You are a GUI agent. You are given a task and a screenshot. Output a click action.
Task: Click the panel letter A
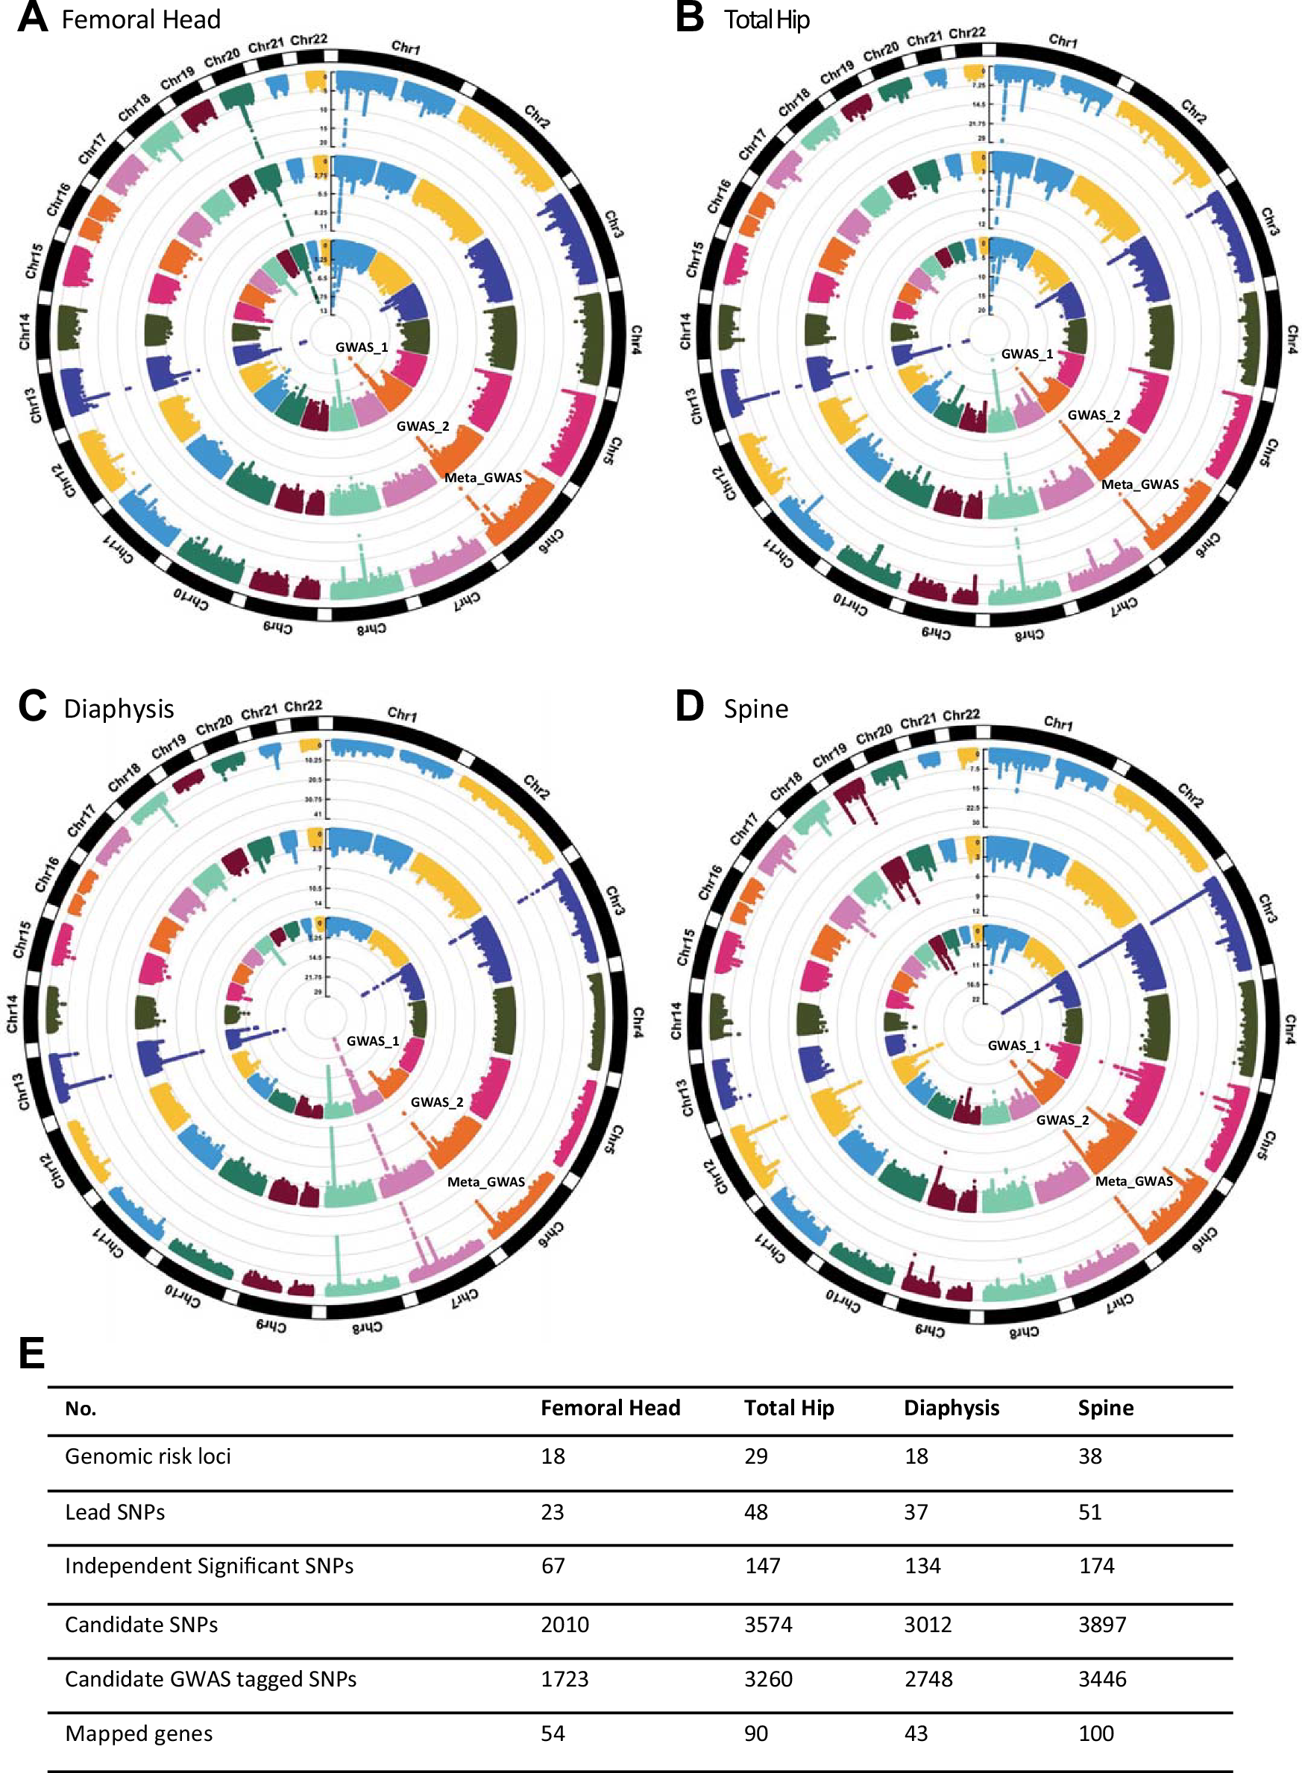(32, 19)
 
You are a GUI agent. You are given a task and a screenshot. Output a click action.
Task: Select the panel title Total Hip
(766, 19)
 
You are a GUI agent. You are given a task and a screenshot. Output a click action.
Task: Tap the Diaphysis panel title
(119, 708)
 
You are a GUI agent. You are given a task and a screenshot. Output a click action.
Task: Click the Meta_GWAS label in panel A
(482, 477)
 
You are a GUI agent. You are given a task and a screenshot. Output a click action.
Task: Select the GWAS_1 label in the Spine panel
(1013, 1045)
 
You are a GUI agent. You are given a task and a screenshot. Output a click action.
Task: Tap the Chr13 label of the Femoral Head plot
(35, 405)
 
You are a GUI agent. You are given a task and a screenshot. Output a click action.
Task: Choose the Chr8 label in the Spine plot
(1024, 1332)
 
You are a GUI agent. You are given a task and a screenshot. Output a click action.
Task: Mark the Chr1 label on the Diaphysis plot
(402, 715)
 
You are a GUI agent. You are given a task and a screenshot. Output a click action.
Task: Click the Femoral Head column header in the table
(609, 1407)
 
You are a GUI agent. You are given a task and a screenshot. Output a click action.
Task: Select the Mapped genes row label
(139, 1733)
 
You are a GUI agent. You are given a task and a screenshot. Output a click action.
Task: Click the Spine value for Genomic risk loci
(1089, 1456)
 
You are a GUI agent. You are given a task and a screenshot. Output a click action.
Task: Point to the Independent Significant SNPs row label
(209, 1565)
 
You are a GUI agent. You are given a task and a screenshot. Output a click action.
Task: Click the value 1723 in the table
(564, 1678)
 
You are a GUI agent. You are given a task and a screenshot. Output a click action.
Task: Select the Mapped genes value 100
(1095, 1733)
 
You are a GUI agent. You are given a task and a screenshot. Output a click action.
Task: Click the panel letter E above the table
(31, 1353)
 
